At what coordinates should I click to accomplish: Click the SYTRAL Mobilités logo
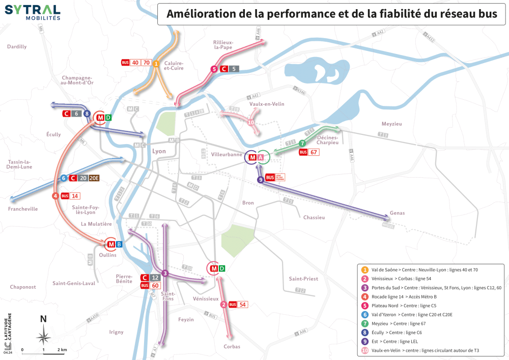[x=33, y=12]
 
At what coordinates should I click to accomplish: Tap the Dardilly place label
[x=17, y=46]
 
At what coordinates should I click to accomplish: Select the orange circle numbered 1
[x=156, y=64]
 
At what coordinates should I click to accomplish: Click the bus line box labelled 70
[x=147, y=63]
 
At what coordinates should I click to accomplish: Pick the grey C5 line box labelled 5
[x=234, y=69]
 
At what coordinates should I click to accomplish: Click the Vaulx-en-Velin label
[x=267, y=104]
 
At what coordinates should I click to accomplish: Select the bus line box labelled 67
[x=314, y=152]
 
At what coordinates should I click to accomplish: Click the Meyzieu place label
[x=391, y=124]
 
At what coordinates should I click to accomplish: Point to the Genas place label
[x=397, y=213]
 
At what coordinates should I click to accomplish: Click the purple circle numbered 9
[x=260, y=179]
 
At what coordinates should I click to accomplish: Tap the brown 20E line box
[x=94, y=178]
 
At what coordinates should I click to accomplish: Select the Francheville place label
[x=23, y=209]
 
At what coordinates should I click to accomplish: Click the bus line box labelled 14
[x=75, y=196]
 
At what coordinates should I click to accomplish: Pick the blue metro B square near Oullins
[x=119, y=244]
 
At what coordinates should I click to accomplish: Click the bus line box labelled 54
[x=243, y=304]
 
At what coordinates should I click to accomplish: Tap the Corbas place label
[x=232, y=347]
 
